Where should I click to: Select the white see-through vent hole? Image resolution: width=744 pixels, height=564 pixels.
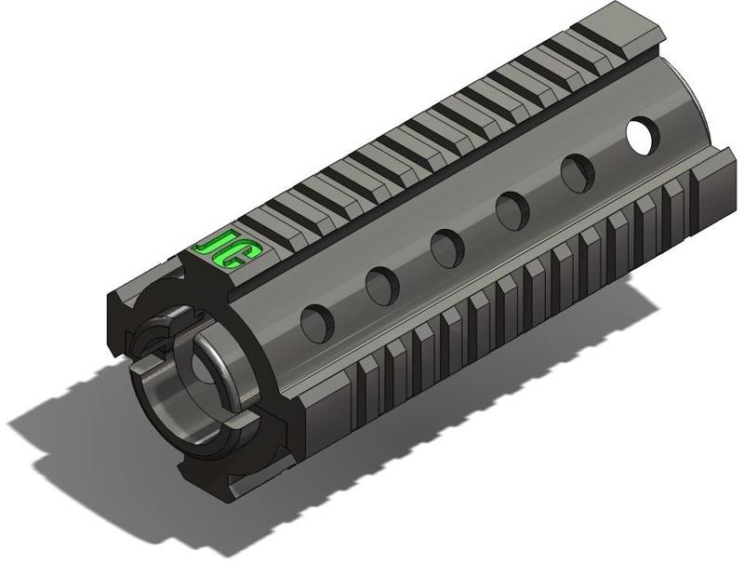[x=640, y=134]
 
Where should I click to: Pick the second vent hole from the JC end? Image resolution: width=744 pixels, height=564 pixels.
[x=382, y=284]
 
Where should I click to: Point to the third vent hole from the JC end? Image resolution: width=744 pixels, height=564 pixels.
[x=446, y=246]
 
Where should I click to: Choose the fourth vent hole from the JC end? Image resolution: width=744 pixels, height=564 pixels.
[x=511, y=210]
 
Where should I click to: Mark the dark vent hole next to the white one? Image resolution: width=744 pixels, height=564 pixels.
[x=577, y=172]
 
